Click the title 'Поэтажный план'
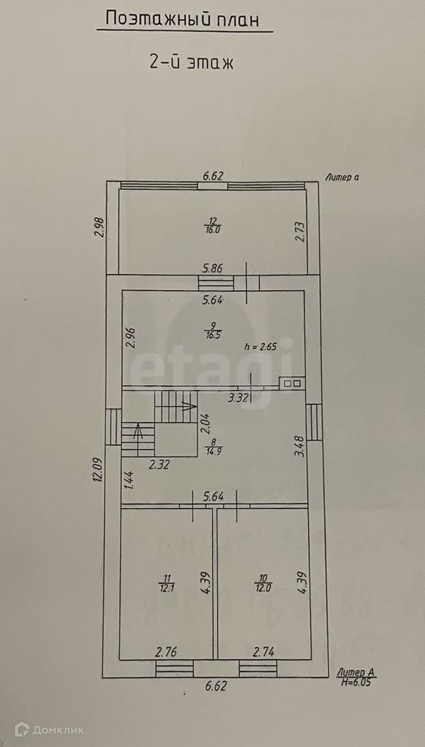tap(183, 20)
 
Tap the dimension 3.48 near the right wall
tap(299, 448)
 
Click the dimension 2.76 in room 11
tap(167, 651)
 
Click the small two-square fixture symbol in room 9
tap(292, 383)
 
